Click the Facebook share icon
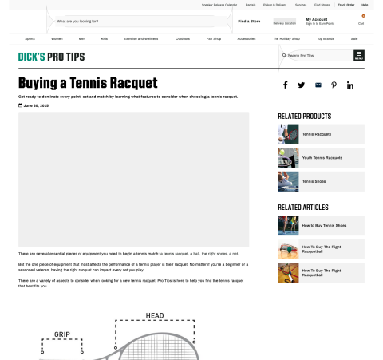coord(285,85)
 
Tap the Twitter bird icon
coord(302,85)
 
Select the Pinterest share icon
coord(334,85)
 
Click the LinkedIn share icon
coord(350,85)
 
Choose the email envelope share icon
coord(318,85)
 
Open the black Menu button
coord(359,56)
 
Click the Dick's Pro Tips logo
coord(51,57)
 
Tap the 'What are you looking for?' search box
coord(136,22)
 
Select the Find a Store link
coord(249,21)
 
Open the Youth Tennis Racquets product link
coord(321,158)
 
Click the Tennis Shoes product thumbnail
coord(288,181)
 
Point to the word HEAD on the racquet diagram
coord(155,316)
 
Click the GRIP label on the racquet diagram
coord(62,334)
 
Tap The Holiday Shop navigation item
coord(285,38)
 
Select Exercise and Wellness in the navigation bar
coord(139,38)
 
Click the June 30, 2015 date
coord(35,105)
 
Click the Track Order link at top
coord(346,5)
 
